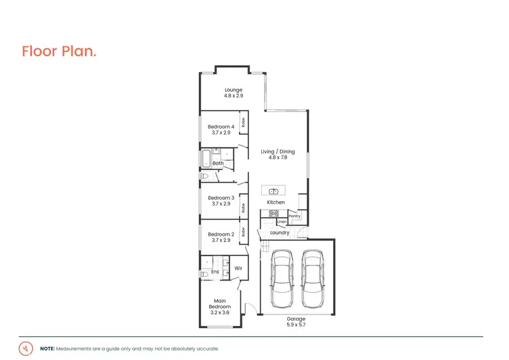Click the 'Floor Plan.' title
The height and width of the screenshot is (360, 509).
[59, 51]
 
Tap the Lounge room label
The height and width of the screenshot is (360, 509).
[233, 90]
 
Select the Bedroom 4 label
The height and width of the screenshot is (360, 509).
[221, 126]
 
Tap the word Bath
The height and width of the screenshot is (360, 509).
[218, 163]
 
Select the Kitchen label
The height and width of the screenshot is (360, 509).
[276, 202]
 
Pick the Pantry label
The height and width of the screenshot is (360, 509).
[294, 216]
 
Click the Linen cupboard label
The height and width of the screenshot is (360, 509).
[282, 221]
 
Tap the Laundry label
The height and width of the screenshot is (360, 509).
[280, 233]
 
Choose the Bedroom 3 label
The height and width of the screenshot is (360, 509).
[221, 198]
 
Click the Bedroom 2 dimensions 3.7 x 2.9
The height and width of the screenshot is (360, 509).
[221, 240]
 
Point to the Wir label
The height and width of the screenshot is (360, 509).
[238, 268]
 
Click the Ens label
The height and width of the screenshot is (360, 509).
[215, 272]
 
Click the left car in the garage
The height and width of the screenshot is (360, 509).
[281, 278]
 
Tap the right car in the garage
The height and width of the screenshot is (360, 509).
[312, 278]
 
